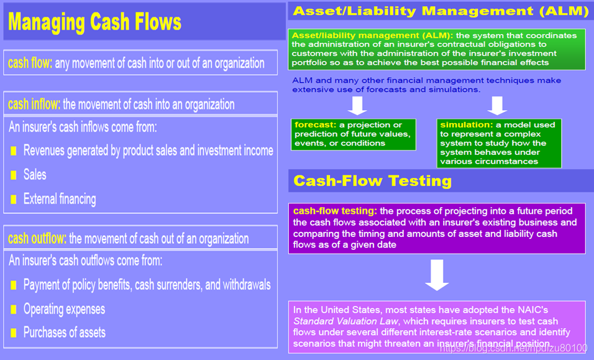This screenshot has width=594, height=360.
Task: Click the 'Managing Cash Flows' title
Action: pyautogui.click(x=94, y=23)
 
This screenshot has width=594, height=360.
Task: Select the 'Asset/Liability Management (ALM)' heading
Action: pyautogui.click(x=441, y=11)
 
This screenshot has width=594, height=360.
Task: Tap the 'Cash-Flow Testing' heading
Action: pyautogui.click(x=372, y=181)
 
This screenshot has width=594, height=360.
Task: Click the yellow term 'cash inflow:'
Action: pyautogui.click(x=34, y=104)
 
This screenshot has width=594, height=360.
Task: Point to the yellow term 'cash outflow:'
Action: pyautogui.click(x=37, y=239)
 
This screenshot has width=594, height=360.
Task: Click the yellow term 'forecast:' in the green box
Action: pyautogui.click(x=316, y=125)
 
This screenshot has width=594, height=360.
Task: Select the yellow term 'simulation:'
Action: pyautogui.click(x=466, y=125)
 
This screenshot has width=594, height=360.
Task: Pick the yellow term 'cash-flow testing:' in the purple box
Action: pyautogui.click(x=335, y=211)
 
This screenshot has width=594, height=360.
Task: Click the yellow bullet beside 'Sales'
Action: pyautogui.click(x=14, y=175)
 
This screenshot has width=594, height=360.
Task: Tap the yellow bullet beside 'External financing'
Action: pyautogui.click(x=14, y=200)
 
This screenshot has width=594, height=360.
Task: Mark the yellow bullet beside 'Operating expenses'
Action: pyautogui.click(x=14, y=310)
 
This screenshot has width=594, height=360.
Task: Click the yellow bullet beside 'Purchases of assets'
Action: pyautogui.click(x=14, y=333)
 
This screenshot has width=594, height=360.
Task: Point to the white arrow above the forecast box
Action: pyautogui.click(x=357, y=105)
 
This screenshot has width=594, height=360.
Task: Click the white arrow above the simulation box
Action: pyautogui.click(x=497, y=105)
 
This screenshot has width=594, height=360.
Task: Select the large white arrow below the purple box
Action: pyautogui.click(x=437, y=275)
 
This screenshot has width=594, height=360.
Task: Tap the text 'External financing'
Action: pyautogui.click(x=60, y=200)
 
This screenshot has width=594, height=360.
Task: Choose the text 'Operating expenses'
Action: pyautogui.click(x=64, y=309)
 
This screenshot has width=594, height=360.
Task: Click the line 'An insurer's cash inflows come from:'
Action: pyautogui.click(x=83, y=127)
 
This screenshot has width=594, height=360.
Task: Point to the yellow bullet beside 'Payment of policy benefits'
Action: pyautogui.click(x=14, y=285)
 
